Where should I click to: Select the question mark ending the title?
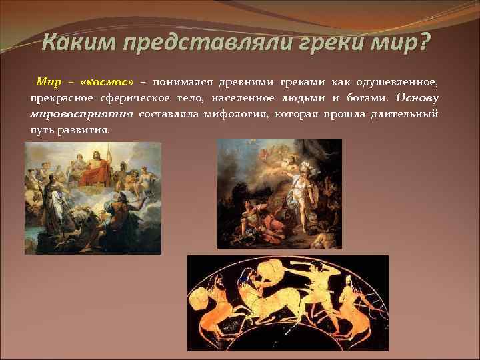point(424,45)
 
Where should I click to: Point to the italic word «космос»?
point(106,82)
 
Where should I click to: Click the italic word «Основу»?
point(417,98)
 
